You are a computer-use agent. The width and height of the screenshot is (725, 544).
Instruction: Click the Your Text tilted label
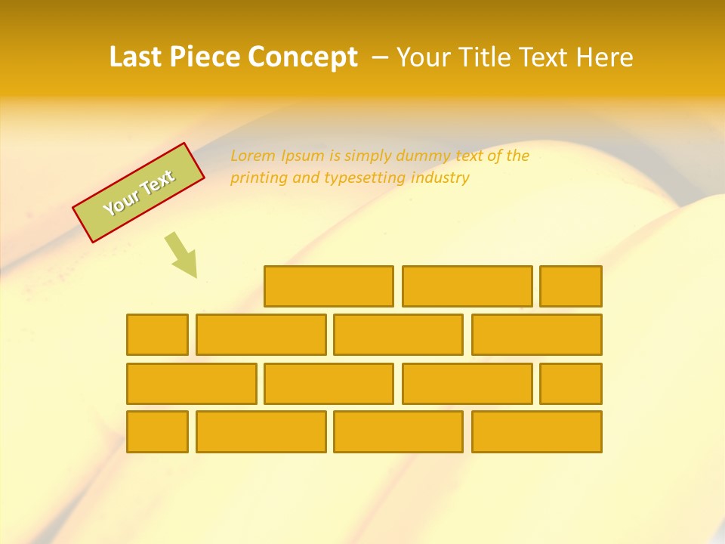pyautogui.click(x=139, y=193)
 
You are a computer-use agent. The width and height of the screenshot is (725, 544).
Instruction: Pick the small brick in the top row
pyautogui.click(x=571, y=286)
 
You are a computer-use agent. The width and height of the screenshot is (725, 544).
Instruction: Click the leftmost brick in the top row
pyautogui.click(x=329, y=286)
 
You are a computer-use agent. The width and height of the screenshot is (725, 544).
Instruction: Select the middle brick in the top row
pyautogui.click(x=467, y=286)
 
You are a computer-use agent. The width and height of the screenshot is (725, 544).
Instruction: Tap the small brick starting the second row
pyautogui.click(x=157, y=335)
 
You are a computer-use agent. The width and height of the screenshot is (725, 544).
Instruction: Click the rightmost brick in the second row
pyautogui.click(x=536, y=335)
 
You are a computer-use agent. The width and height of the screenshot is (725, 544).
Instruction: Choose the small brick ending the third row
pyautogui.click(x=571, y=384)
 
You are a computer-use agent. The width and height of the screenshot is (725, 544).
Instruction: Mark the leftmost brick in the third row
pyautogui.click(x=191, y=384)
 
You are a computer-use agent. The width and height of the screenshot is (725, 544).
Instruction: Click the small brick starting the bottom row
pyautogui.click(x=157, y=432)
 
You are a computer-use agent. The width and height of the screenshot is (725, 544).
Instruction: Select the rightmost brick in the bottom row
pyautogui.click(x=536, y=432)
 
